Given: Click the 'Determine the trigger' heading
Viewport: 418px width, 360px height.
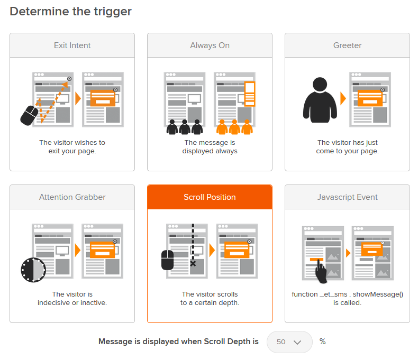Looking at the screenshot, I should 71,11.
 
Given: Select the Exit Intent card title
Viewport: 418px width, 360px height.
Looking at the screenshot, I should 72,45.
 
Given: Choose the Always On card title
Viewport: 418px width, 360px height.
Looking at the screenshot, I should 210,45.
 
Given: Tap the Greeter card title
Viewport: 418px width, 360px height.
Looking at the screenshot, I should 347,45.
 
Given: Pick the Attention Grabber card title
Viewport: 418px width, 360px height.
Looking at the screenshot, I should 72,197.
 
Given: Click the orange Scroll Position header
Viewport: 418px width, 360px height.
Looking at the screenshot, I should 210,197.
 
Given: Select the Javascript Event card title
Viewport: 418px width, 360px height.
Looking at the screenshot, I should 347,197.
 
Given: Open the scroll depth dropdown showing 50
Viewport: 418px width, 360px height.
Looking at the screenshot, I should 289,342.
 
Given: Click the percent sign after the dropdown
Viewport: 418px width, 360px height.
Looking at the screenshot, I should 322,342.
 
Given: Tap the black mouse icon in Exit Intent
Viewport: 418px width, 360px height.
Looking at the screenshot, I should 29,115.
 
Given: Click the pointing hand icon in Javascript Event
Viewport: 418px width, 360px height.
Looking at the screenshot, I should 321,271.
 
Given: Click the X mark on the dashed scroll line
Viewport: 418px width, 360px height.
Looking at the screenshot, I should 193,263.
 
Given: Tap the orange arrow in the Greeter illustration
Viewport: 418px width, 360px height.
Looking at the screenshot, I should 343,98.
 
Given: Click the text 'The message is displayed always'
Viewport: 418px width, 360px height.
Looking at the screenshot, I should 210,146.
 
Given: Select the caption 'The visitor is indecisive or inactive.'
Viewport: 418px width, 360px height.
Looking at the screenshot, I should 72,298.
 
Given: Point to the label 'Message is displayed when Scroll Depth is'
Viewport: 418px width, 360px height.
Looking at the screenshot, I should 178,342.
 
